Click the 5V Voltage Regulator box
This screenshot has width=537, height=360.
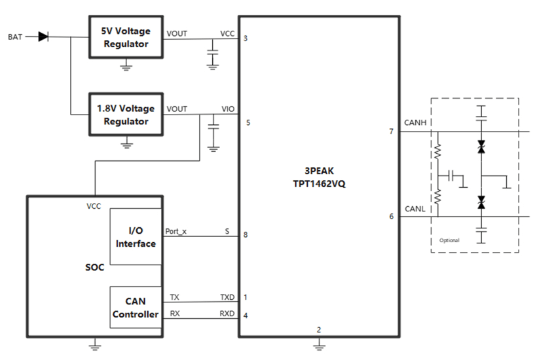click(125, 37)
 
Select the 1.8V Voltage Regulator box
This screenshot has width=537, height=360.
click(125, 115)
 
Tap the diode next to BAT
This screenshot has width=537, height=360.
click(43, 37)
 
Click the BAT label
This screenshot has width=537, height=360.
click(15, 37)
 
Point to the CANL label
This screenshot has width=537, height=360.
click(416, 209)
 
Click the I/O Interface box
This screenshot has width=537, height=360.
click(136, 237)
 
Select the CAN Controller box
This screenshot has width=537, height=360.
click(136, 308)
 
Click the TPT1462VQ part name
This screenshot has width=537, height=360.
click(320, 184)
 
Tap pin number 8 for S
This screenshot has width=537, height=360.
click(246, 234)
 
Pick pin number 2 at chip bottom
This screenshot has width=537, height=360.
click(318, 329)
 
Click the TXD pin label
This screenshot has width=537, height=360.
click(227, 297)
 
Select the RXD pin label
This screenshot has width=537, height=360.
click(227, 314)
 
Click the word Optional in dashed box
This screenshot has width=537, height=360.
click(449, 240)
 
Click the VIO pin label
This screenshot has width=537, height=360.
click(229, 109)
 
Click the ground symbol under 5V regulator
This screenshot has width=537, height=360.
click(126, 63)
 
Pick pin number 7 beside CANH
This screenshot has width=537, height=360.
click(391, 132)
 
